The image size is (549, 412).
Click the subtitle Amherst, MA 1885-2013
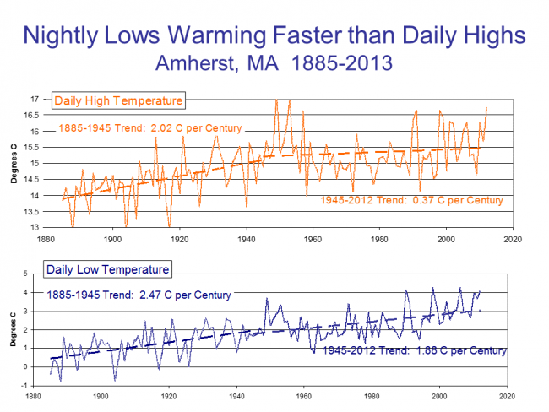[274, 62]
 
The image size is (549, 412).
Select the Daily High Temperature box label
[118, 101]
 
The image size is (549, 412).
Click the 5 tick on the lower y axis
[36, 274]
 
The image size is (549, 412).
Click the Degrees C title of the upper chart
[11, 163]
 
